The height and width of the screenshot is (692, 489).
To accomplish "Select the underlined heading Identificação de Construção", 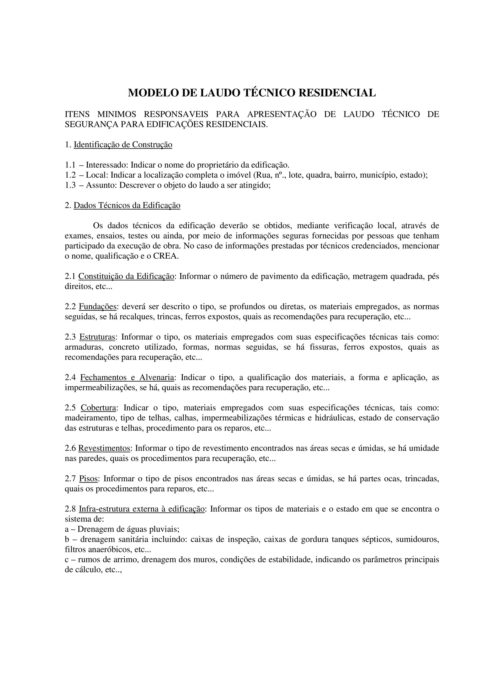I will tap(123, 145).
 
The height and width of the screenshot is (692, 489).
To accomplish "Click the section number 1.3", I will tap(70, 185).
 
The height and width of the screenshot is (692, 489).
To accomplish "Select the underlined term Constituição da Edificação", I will tap(126, 276).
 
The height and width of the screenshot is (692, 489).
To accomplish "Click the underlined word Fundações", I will tap(98, 307).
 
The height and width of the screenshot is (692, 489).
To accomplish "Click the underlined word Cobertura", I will tap(98, 408).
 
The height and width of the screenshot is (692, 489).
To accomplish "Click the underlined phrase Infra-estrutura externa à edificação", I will tap(142, 509).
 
